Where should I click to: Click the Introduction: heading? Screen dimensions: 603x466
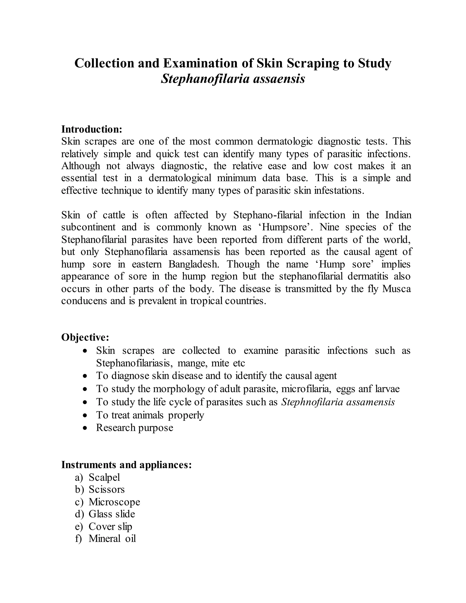click(92, 129)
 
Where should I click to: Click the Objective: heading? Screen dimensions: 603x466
click(85, 337)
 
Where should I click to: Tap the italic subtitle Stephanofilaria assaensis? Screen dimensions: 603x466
click(233, 79)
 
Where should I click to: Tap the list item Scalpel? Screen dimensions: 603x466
click(104, 477)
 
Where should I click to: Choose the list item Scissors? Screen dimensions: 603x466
click(106, 489)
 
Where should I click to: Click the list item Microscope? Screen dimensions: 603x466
click(114, 502)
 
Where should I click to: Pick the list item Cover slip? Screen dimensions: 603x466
click(110, 527)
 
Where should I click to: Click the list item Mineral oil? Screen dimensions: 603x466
click(112, 539)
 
